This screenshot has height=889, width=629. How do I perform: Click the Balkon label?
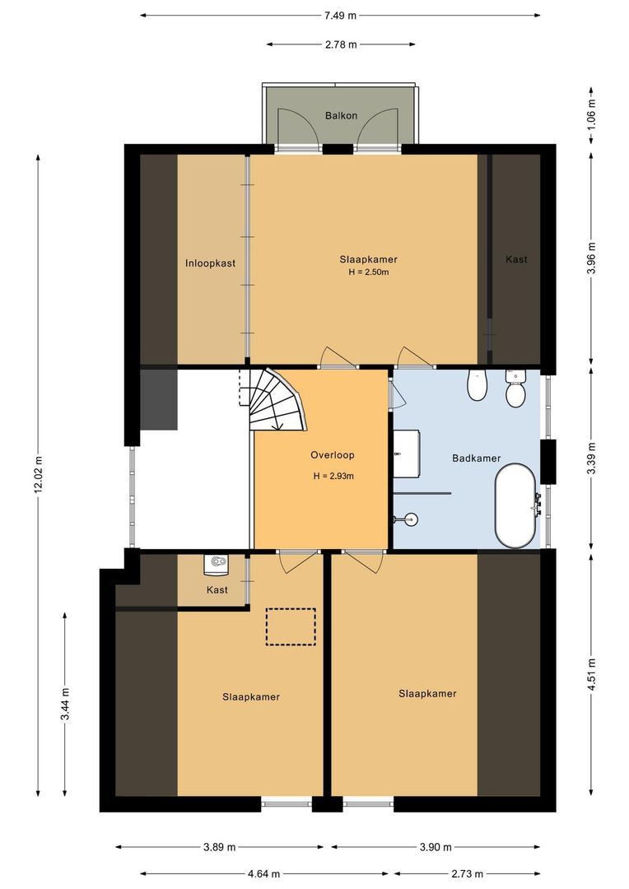pyautogui.click(x=341, y=116)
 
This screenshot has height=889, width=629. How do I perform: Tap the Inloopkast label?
pyautogui.click(x=210, y=263)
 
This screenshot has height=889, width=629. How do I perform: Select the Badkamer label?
pyautogui.click(x=477, y=458)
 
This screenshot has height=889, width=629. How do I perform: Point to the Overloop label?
pyautogui.click(x=333, y=454)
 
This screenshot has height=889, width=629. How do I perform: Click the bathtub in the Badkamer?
pyautogui.click(x=515, y=505)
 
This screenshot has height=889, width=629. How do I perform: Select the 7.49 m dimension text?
pyautogui.click(x=340, y=16)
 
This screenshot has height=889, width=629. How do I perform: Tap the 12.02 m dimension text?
pyautogui.click(x=39, y=474)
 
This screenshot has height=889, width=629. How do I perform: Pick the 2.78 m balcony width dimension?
pyautogui.click(x=341, y=44)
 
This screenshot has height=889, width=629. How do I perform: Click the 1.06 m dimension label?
pyautogui.click(x=592, y=114)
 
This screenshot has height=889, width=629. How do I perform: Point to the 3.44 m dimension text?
pyautogui.click(x=65, y=704)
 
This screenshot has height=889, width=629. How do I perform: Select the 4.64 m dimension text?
pyautogui.click(x=263, y=873)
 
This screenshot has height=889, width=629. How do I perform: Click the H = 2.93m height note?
pyautogui.click(x=333, y=477)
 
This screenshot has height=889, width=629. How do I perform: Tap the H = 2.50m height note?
pyautogui.click(x=369, y=272)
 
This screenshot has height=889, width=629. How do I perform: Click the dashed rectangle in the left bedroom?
pyautogui.click(x=291, y=626)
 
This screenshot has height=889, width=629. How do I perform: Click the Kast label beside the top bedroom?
pyautogui.click(x=516, y=259)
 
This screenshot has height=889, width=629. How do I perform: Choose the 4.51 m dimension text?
pyautogui.click(x=592, y=673)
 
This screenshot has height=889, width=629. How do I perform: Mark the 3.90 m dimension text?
pyautogui.click(x=436, y=847)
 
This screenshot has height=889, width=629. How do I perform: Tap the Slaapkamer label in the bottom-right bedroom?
pyautogui.click(x=427, y=693)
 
